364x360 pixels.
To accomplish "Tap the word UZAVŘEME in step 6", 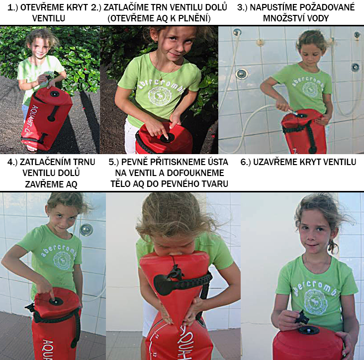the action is pyautogui.click(x=273, y=162).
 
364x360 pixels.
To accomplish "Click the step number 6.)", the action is pyautogui.click(x=246, y=162).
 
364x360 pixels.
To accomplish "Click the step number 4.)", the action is pyautogui.click(x=12, y=162).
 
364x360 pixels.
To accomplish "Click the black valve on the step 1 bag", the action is pyautogui.click(x=55, y=94).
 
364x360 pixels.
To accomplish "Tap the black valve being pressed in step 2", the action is pyautogui.click(x=167, y=138).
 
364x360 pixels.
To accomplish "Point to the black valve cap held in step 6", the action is pyautogui.click(x=302, y=317).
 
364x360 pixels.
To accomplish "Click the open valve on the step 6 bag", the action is pyautogui.click(x=309, y=330).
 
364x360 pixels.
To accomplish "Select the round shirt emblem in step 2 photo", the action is pyautogui.click(x=160, y=95).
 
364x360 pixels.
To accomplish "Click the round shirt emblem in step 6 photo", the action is pyautogui.click(x=315, y=301).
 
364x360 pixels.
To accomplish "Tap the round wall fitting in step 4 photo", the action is pyautogui.click(x=87, y=230).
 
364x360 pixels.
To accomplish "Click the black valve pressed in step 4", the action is pyautogui.click(x=56, y=301).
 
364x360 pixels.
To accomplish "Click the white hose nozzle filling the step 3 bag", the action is pyautogui.click(x=293, y=112).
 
